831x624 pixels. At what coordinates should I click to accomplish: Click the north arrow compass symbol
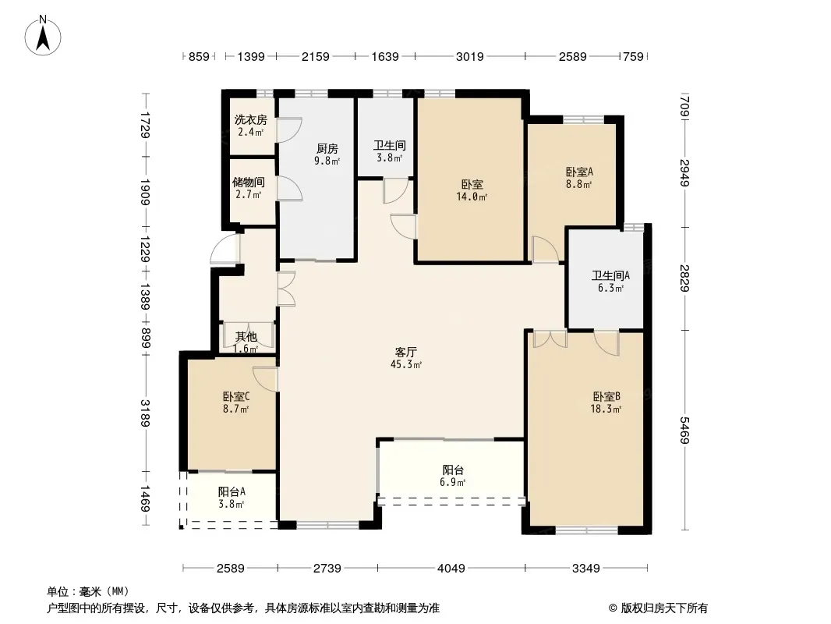[x=43, y=35]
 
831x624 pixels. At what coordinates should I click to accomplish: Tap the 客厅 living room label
[x=406, y=352]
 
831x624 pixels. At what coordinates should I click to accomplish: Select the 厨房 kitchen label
[x=327, y=149]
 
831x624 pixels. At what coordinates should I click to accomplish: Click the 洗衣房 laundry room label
[x=251, y=120]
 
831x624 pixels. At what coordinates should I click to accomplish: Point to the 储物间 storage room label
[x=249, y=183]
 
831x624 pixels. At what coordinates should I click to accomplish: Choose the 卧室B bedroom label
[x=606, y=396]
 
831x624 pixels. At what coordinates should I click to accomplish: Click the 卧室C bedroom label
[x=236, y=396]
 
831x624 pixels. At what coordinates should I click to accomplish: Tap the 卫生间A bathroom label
[x=610, y=275]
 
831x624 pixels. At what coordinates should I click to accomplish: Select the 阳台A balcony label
[x=232, y=491]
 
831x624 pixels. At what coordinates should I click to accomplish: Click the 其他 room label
[x=246, y=337]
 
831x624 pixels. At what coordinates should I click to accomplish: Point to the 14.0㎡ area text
[x=472, y=197]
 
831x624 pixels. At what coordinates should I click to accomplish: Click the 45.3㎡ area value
[x=406, y=364]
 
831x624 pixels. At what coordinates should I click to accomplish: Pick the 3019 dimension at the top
[x=469, y=56]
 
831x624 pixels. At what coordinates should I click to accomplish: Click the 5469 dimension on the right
[x=684, y=430]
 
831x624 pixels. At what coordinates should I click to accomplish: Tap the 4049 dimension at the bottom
[x=451, y=569]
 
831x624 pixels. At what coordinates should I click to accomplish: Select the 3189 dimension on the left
[x=145, y=412]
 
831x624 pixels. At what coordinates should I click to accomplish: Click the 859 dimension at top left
[x=199, y=56]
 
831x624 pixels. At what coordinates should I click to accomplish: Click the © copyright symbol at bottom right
[x=614, y=608]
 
